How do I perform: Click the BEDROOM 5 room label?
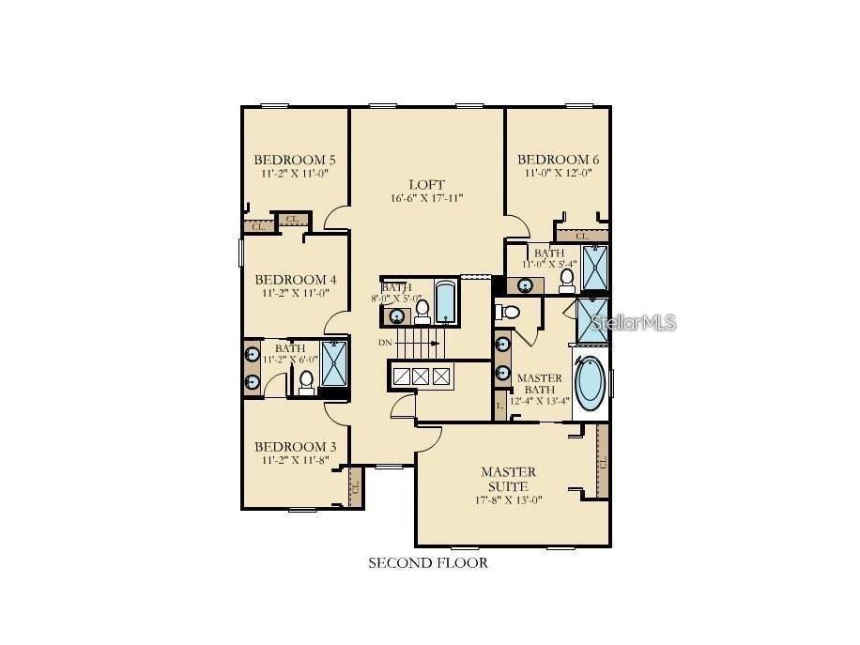click(295, 160)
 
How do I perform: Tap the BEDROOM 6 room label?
click(558, 160)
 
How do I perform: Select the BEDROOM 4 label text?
click(295, 280)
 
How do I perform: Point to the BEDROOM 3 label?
click(295, 446)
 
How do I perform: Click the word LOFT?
click(426, 184)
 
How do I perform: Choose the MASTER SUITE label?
click(508, 479)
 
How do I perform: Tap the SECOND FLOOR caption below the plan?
click(427, 563)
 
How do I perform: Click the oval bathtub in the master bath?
click(590, 382)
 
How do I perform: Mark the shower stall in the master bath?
click(593, 319)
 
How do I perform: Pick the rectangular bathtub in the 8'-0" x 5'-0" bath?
click(445, 301)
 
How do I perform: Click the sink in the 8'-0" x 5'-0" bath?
click(397, 315)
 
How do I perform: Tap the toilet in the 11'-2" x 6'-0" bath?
click(306, 381)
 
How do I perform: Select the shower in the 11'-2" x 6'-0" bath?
click(333, 364)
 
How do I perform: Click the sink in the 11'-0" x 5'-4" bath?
click(527, 284)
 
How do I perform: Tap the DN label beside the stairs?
click(385, 343)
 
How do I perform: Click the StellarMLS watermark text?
click(632, 323)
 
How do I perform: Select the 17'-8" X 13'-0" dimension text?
click(508, 499)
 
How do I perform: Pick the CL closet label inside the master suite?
click(602, 462)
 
